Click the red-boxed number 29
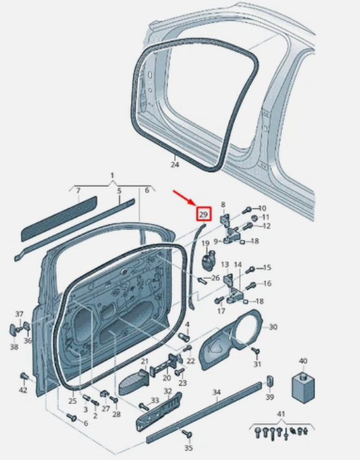pos(203,214)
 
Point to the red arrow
pos(184,198)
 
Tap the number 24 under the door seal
pos(175,164)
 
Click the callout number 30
pos(273,327)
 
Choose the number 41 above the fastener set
pos(281,414)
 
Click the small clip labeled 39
pos(270,381)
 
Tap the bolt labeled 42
pos(24,376)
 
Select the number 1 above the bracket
pos(112,175)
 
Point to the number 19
pos(205,243)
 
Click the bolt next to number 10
pos(247,210)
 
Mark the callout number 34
pos(216,391)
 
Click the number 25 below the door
pos(73,400)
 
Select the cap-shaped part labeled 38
pos(13,330)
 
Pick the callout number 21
pos(145,361)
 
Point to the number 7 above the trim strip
pos(78,190)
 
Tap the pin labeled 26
pos(203,281)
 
